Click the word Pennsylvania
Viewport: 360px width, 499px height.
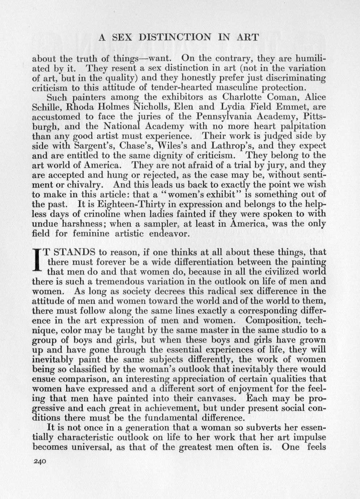coord(223,117)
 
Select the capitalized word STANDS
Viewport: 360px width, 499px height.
coord(69,252)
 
